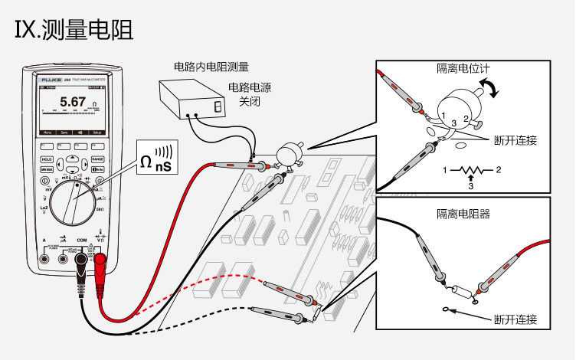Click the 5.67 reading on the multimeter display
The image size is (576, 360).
click(73, 102)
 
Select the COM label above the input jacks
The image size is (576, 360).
click(82, 240)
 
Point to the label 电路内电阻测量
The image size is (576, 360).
click(212, 67)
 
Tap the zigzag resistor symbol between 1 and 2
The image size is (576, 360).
click(472, 169)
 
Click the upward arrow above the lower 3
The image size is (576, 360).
click(472, 178)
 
